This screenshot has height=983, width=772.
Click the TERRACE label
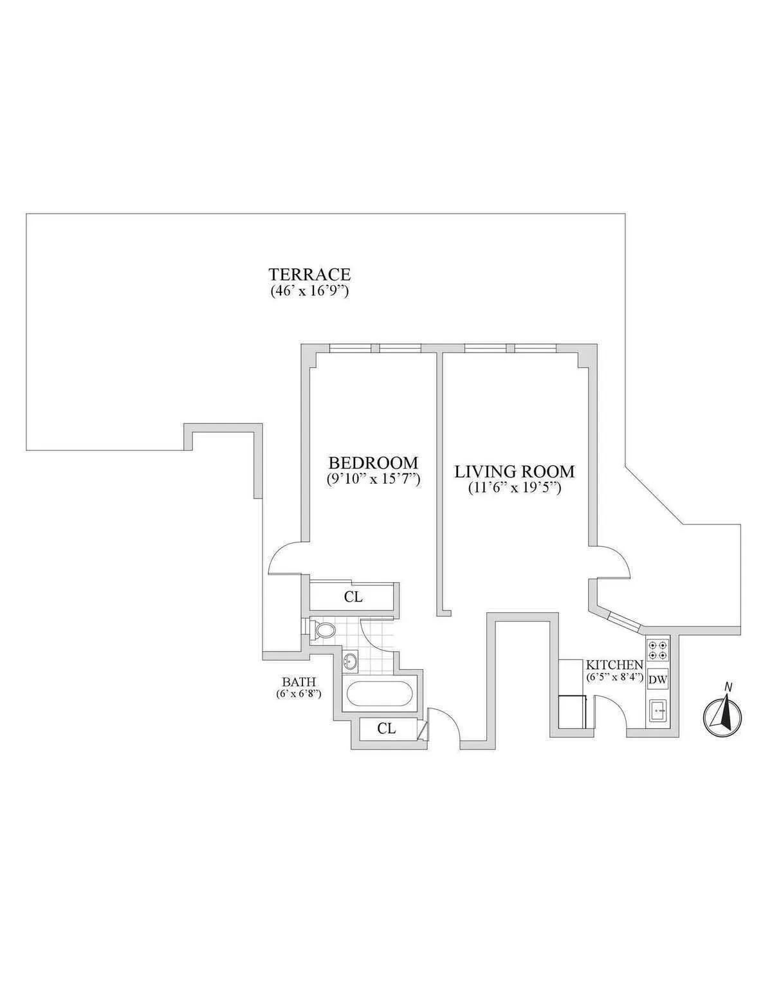pos(309,275)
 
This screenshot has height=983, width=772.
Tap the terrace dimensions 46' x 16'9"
pos(309,291)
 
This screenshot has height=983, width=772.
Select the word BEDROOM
pos(373,463)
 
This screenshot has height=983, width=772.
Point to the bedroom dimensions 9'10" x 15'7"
pos(373,479)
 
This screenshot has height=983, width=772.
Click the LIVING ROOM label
pos(515,471)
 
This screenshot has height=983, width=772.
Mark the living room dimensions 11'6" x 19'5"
pos(515,488)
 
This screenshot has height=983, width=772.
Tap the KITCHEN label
pos(614,665)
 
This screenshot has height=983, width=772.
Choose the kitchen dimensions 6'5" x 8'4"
pos(614,677)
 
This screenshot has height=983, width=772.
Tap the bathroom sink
pos(351,660)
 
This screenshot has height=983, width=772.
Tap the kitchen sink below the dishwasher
pos(658,712)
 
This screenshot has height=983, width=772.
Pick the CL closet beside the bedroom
pos(353,597)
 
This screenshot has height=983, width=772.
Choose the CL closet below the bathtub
pos(386,728)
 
